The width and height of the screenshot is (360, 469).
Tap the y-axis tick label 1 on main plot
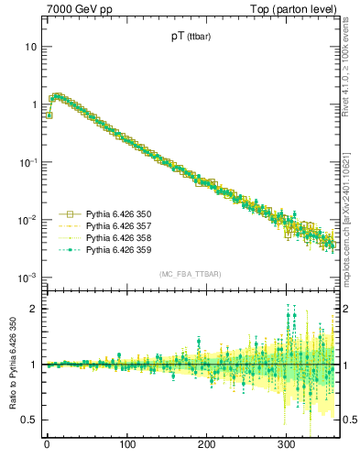(33, 104)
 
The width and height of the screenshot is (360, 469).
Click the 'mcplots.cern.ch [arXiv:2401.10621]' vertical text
(352, 202)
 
